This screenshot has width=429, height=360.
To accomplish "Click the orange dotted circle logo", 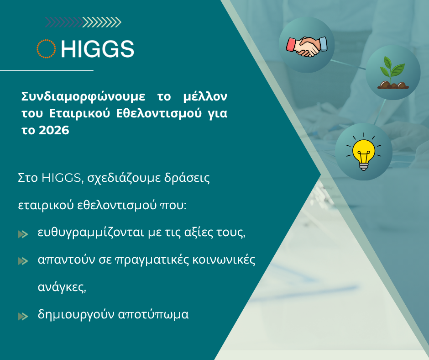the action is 46,41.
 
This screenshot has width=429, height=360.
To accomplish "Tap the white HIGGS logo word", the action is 97,49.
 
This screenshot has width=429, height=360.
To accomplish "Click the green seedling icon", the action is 393,73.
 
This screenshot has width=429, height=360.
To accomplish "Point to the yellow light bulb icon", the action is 364,152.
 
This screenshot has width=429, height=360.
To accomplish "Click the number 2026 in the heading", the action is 54,130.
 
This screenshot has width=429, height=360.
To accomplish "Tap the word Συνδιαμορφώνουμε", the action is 83,96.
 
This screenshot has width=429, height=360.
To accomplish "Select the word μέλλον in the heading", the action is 205,96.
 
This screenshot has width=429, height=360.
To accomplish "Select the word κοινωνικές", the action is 224,259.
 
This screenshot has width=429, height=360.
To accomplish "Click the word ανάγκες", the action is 62,287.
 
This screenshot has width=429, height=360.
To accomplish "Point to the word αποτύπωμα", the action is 153,314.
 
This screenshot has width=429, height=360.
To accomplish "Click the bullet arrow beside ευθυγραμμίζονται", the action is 23,234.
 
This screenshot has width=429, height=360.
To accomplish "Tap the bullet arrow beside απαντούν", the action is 23,261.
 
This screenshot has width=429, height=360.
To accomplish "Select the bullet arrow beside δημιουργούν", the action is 23,317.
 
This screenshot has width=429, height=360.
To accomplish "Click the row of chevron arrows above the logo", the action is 83,22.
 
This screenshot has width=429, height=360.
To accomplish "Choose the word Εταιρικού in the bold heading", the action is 79,113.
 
